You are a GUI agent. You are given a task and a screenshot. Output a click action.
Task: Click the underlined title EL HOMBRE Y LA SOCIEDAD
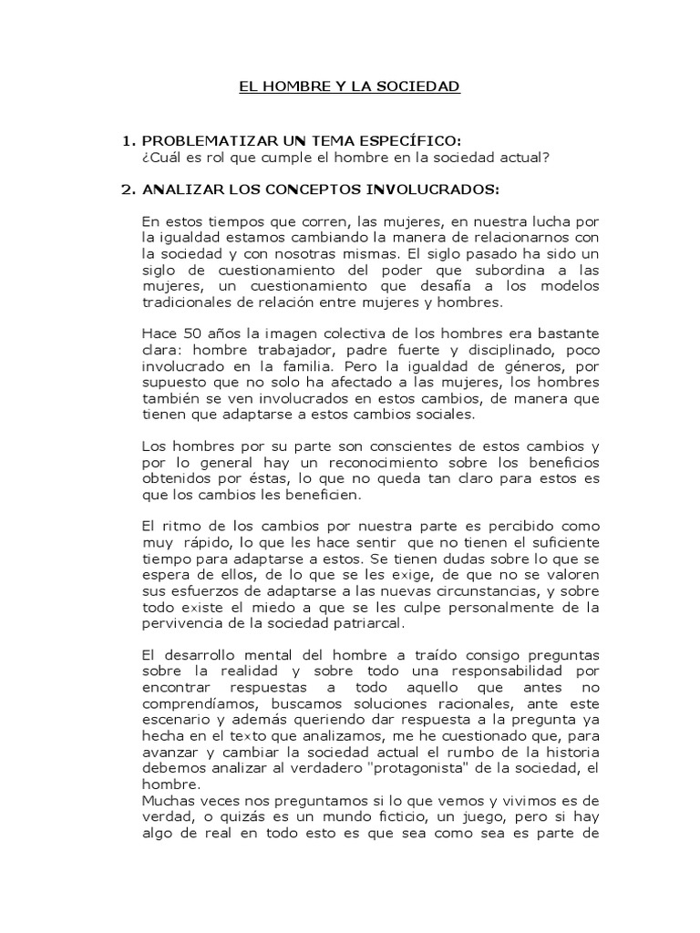click(350, 87)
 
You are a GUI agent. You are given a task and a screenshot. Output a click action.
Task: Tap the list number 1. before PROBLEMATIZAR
click(129, 140)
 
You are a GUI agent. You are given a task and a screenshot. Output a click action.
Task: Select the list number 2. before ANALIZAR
click(129, 190)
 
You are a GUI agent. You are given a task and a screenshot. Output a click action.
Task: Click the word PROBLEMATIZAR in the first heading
click(197, 140)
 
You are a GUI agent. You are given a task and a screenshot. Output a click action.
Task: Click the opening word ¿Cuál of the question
click(160, 157)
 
